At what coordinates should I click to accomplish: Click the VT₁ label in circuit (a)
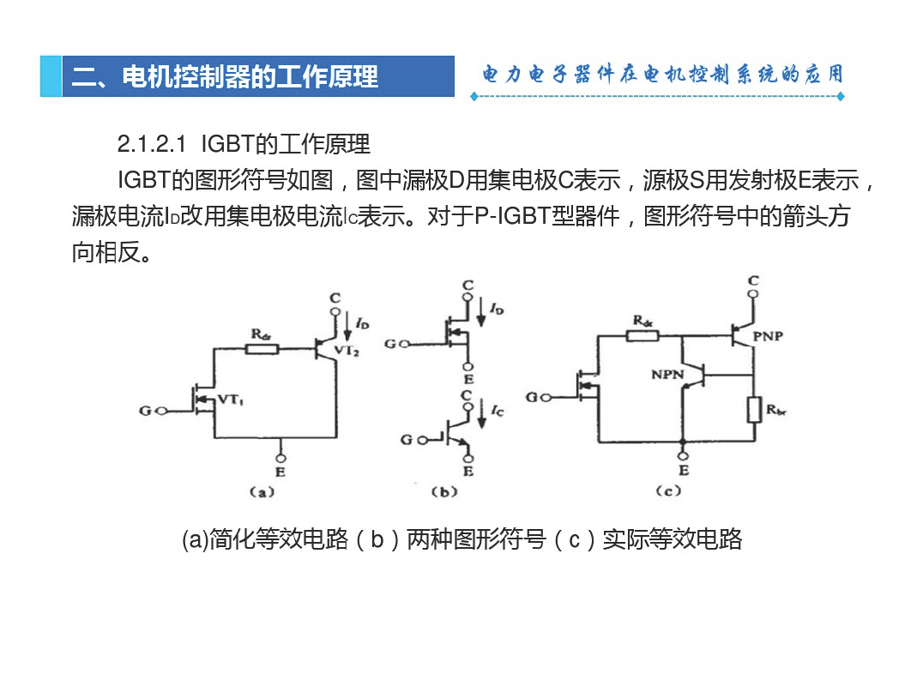click(x=231, y=400)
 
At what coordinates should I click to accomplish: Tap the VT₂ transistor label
click(x=347, y=351)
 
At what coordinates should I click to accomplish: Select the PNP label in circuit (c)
click(x=769, y=336)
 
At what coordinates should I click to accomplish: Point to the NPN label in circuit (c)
click(x=667, y=374)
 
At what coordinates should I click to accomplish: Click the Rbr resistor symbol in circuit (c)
click(x=754, y=410)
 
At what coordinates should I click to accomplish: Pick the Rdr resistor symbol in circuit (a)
click(x=262, y=349)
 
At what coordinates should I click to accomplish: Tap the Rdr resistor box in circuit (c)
click(x=642, y=336)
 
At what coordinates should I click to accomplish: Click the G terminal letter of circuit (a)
click(x=145, y=411)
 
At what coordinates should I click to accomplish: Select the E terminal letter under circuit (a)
click(x=281, y=472)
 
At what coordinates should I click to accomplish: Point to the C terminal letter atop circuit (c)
click(x=753, y=280)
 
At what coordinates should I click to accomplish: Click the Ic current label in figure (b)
click(x=498, y=410)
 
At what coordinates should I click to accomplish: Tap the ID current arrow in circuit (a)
click(x=347, y=328)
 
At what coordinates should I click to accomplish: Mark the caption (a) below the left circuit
click(x=262, y=491)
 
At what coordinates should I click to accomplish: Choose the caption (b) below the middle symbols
click(x=444, y=491)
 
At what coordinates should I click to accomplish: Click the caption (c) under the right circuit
click(x=669, y=490)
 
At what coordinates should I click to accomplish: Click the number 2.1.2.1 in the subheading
click(x=152, y=143)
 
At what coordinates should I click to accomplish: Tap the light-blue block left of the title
click(x=51, y=76)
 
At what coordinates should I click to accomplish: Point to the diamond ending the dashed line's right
click(x=841, y=97)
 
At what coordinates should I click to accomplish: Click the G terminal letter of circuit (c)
click(x=531, y=398)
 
